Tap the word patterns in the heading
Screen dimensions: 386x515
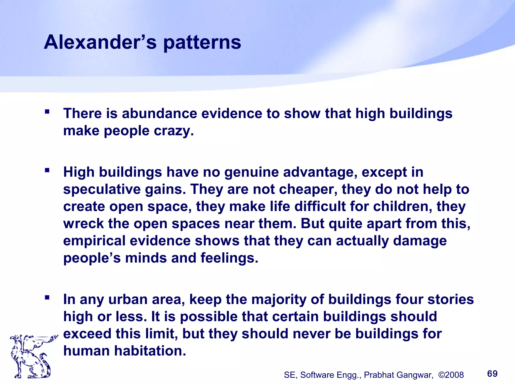coord(202,43)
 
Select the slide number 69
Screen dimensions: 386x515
coord(492,374)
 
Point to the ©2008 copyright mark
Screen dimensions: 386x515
coord(451,375)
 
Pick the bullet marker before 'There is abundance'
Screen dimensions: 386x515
coord(47,111)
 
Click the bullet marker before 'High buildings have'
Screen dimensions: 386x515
coord(47,170)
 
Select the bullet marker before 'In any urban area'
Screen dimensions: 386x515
coord(47,298)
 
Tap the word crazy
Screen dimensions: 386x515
coord(174,131)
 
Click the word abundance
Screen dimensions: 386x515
coord(159,113)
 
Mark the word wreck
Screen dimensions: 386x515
coord(83,224)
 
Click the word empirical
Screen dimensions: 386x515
coord(94,241)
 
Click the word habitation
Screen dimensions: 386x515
coord(150,351)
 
